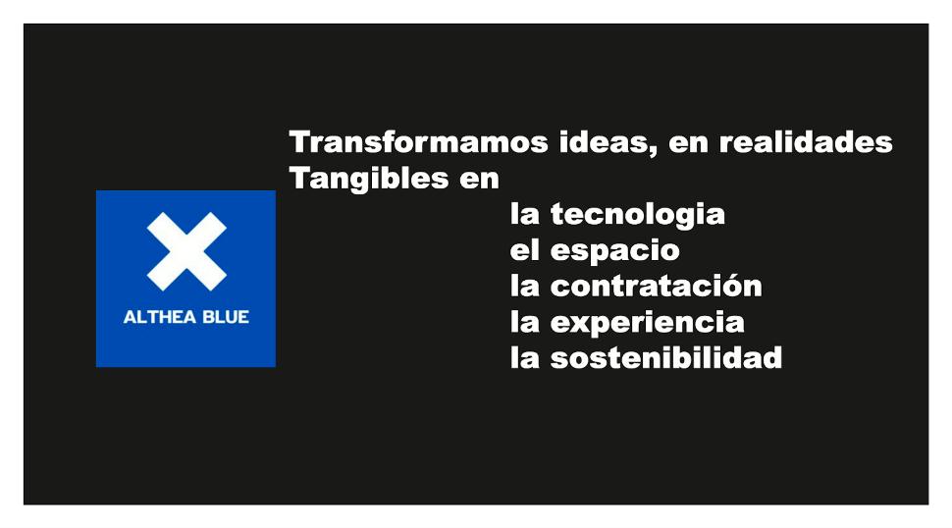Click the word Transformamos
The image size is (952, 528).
click(x=418, y=142)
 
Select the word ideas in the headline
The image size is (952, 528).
click(x=605, y=142)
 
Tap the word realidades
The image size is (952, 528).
click(x=806, y=142)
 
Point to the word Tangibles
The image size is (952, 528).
click(x=369, y=180)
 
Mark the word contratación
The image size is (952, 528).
click(x=656, y=286)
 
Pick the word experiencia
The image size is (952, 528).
click(x=647, y=323)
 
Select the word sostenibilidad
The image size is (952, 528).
click(x=666, y=358)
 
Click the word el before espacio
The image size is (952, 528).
click(x=524, y=250)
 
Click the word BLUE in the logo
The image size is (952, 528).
click(x=226, y=317)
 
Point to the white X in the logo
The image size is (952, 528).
click(x=186, y=251)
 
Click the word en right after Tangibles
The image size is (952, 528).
click(x=479, y=180)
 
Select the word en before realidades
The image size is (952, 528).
click(x=688, y=143)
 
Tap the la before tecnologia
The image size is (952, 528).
click(x=524, y=214)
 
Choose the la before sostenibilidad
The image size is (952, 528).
click(x=524, y=358)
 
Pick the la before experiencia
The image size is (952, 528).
click(x=524, y=322)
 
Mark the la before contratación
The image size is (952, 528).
click(x=524, y=286)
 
